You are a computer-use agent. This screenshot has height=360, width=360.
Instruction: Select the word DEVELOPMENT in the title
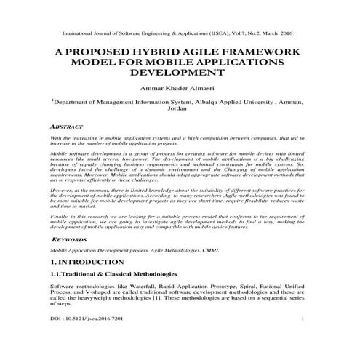click(179, 73)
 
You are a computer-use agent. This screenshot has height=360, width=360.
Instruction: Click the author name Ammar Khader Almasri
click(179, 89)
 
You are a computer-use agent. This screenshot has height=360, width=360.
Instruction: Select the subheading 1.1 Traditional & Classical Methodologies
click(108, 274)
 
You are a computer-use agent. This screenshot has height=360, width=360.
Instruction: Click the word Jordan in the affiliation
click(179, 111)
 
